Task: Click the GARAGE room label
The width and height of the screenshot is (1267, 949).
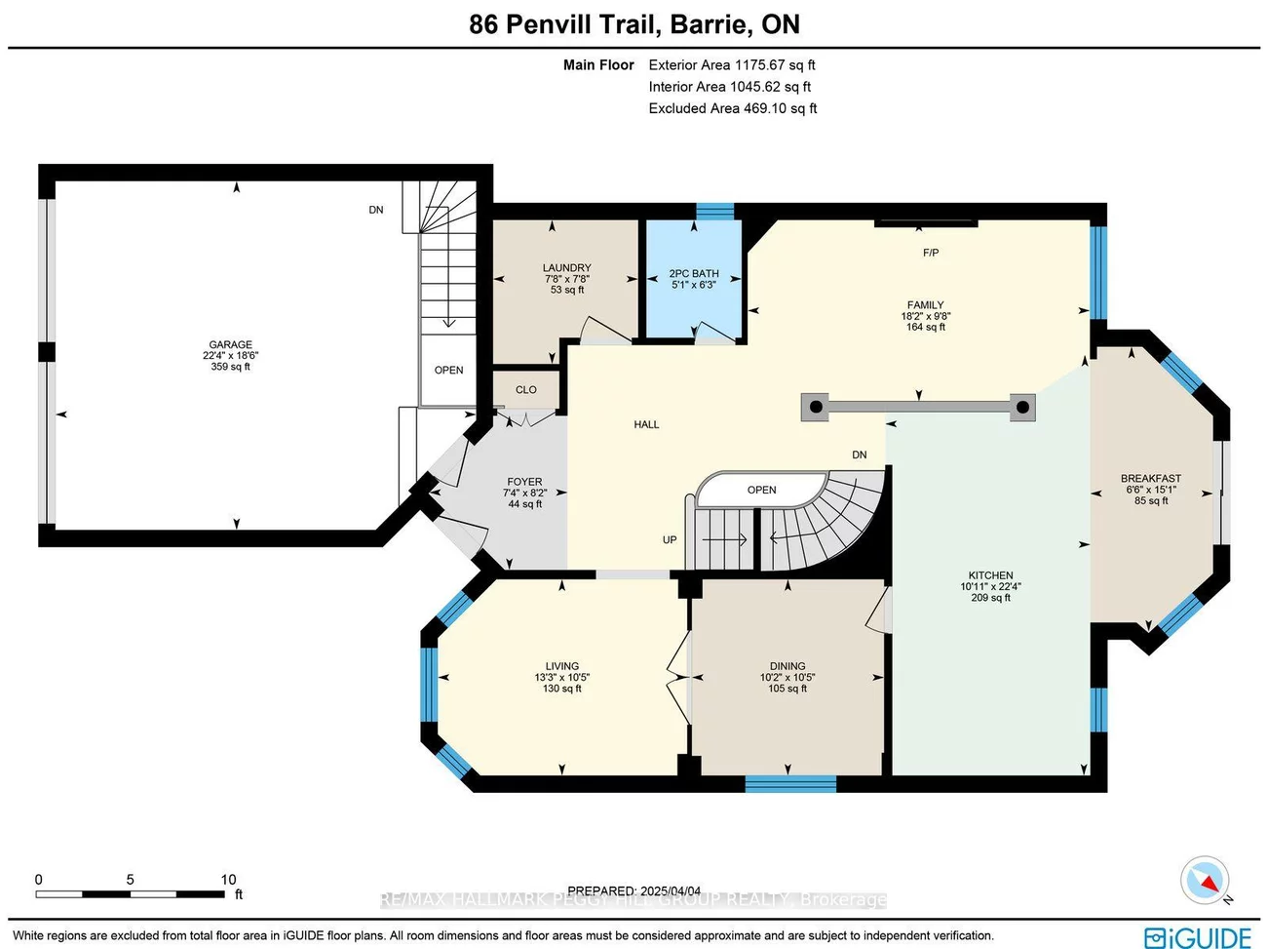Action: pos(230,344)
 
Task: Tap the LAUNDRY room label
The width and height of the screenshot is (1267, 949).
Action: pos(566,267)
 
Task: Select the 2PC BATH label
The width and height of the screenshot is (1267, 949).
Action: pos(694,274)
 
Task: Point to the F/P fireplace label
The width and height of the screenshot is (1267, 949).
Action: pos(931,253)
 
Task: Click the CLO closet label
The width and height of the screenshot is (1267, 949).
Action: pos(526,389)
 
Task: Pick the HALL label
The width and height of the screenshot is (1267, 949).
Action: pos(646,424)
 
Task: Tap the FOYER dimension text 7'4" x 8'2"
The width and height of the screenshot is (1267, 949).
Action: pos(524,494)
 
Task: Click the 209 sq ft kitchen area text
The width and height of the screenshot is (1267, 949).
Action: pos(990,598)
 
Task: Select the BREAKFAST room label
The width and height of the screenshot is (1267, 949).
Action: pos(1150,479)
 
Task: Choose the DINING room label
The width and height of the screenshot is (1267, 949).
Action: pos(787,666)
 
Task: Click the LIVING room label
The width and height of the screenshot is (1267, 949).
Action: pos(562,666)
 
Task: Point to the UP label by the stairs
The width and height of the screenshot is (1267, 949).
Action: pos(670,539)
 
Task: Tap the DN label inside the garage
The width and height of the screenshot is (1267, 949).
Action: pos(376,210)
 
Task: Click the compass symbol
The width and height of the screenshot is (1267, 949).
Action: pos(1205,880)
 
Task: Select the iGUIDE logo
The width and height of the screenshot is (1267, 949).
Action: pos(1198,936)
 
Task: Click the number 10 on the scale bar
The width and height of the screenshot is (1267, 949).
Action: pos(228,880)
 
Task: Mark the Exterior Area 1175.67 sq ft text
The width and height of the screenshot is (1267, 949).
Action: pos(732,65)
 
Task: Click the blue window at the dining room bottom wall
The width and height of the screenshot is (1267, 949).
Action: pos(790,783)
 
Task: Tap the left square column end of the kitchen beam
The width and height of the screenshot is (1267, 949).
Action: pos(815,407)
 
